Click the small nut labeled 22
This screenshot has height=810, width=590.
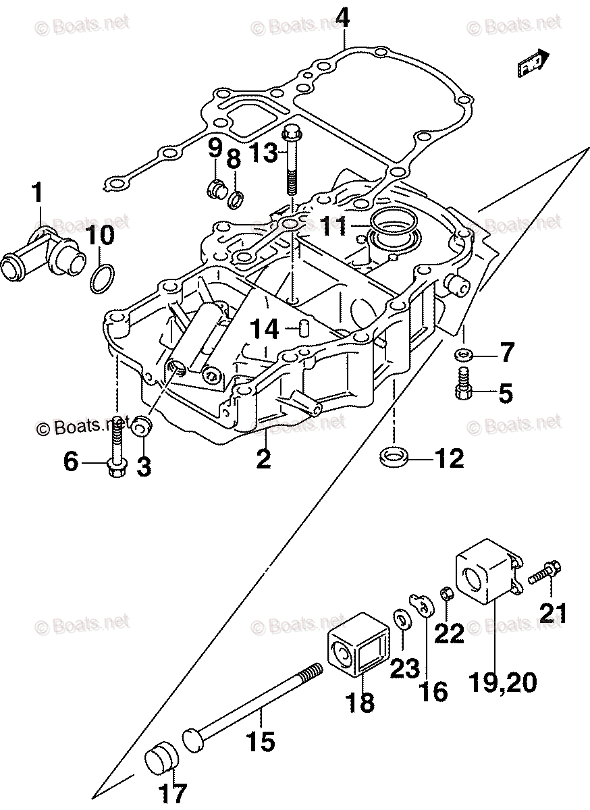click(x=446, y=594)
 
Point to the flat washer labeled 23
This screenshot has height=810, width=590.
click(x=400, y=620)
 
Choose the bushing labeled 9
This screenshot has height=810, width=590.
click(x=215, y=186)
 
